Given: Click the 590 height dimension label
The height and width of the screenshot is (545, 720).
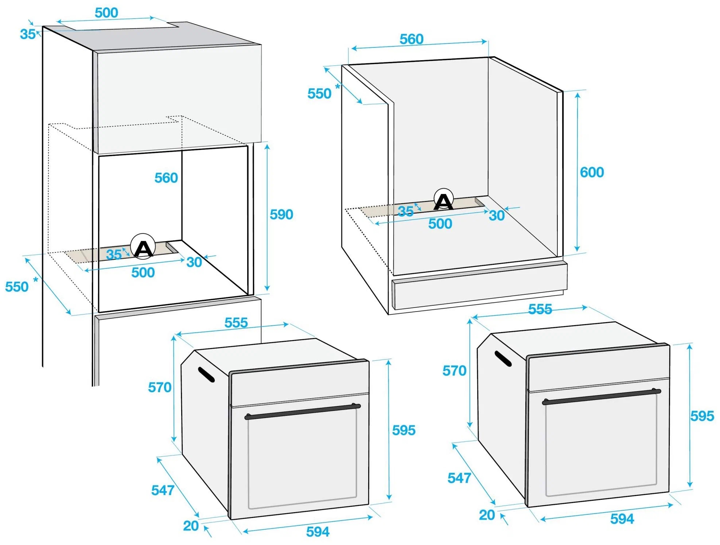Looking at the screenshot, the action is (281, 214).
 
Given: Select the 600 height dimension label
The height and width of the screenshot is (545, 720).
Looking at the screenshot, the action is (592, 172).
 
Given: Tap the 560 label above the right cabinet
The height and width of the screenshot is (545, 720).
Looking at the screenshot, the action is (412, 39).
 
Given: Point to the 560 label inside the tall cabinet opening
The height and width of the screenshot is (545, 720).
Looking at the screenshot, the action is (166, 178).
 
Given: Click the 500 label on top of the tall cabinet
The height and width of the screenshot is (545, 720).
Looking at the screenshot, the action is (106, 13).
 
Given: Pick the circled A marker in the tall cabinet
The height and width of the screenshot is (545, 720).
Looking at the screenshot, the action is (143, 247).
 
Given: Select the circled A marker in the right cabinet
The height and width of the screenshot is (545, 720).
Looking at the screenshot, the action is (444, 199).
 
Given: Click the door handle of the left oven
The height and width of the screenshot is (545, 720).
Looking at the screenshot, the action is (302, 411).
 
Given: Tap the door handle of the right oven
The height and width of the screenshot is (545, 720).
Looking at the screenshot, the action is (602, 397).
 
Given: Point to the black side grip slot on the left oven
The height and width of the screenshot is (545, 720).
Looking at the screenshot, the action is (206, 375).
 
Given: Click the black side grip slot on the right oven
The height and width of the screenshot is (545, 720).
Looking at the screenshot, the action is (503, 359).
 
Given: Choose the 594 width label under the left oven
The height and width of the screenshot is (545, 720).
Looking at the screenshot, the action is (318, 532).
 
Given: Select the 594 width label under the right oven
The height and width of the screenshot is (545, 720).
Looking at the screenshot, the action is (622, 519).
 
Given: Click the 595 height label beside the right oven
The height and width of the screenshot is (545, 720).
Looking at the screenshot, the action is (702, 416).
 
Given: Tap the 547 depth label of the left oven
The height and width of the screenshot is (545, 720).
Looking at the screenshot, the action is (163, 490).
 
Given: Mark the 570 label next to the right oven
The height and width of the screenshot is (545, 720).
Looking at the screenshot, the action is (454, 371).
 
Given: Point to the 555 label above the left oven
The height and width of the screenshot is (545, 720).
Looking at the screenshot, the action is (236, 323).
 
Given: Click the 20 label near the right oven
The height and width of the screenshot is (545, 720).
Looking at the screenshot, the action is (487, 515).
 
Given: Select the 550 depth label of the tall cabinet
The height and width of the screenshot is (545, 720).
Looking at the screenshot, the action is (17, 287).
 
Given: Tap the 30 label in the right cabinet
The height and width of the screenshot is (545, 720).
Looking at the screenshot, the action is (497, 216).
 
